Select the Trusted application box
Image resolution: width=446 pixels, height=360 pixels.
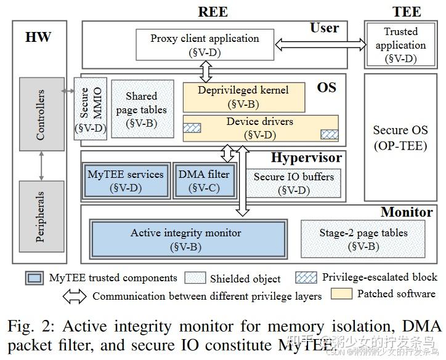400,45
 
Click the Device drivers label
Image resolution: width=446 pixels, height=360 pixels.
259,122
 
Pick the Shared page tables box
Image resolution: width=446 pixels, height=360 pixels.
141,110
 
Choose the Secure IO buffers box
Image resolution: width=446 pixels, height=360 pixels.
294,183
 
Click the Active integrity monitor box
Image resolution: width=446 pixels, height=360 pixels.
189,240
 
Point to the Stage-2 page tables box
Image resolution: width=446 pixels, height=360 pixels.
363,239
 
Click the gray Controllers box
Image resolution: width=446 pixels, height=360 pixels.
41,115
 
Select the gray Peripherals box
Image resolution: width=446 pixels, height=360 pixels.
41,215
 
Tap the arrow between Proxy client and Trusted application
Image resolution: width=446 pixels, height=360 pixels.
320,44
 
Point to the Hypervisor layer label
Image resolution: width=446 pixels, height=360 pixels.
306,158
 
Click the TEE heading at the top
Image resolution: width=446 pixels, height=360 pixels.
407,11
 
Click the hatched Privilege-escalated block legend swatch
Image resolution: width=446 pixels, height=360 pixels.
306,277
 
